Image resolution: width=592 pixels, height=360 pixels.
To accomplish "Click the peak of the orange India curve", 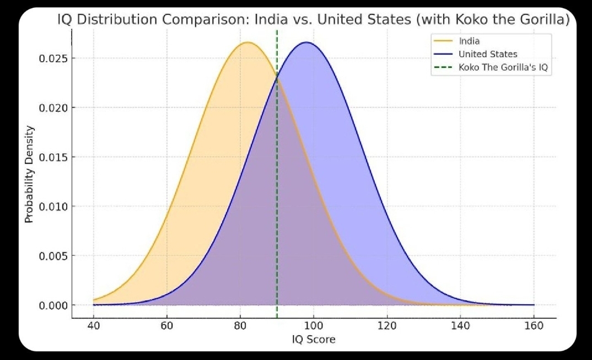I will [x=247, y=42].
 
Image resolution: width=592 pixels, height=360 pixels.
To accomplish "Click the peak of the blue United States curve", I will [x=306, y=42].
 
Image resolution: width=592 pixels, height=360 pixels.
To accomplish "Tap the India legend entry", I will [x=469, y=41].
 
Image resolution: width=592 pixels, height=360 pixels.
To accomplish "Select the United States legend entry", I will [x=488, y=54].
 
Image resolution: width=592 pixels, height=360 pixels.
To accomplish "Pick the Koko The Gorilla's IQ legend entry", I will [x=504, y=68].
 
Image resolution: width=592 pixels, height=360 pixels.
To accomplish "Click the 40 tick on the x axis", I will [x=93, y=326].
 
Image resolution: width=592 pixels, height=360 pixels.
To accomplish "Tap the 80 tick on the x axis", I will [x=240, y=326].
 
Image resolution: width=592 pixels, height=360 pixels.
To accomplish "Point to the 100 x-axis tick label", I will [x=313, y=326].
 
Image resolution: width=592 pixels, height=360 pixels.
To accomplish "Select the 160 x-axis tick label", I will [x=534, y=326].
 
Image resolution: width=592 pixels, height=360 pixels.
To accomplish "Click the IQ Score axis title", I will [x=313, y=340].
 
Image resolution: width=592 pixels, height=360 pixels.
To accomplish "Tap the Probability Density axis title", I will [x=29, y=174].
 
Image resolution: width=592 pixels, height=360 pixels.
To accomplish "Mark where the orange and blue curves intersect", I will [x=277, y=78].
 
